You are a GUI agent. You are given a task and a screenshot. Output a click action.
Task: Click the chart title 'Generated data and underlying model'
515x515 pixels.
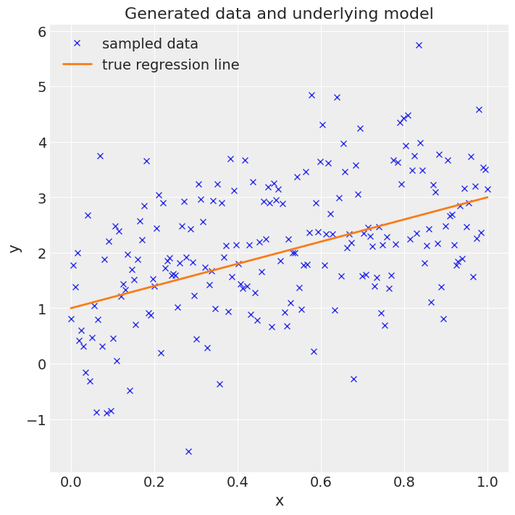point(279,14)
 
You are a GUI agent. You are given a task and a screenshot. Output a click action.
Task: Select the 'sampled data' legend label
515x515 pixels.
point(150,43)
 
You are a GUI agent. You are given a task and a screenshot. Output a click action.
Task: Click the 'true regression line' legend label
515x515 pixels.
point(170,64)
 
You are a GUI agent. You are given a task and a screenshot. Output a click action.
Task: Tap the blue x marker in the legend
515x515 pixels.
point(77,43)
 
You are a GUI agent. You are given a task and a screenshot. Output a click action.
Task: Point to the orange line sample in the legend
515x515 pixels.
point(77,64)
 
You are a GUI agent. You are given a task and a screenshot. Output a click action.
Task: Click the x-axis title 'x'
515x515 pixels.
point(279,501)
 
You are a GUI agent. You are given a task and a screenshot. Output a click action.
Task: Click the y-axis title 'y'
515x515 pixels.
point(14,248)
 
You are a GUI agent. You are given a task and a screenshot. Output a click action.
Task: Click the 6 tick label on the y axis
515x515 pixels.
point(42,32)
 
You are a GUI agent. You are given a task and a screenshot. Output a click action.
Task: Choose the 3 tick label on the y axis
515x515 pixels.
point(42,198)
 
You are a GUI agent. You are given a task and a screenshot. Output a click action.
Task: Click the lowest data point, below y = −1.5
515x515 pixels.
point(188,451)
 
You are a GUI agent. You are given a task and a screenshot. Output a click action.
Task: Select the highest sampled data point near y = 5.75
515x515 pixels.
point(419,45)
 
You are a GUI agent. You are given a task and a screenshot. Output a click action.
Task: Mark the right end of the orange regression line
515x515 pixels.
point(487,197)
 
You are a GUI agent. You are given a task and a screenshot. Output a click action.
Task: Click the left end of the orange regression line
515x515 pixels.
point(71,308)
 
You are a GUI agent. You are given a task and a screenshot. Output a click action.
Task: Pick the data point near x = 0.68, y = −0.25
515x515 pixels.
point(353,379)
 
